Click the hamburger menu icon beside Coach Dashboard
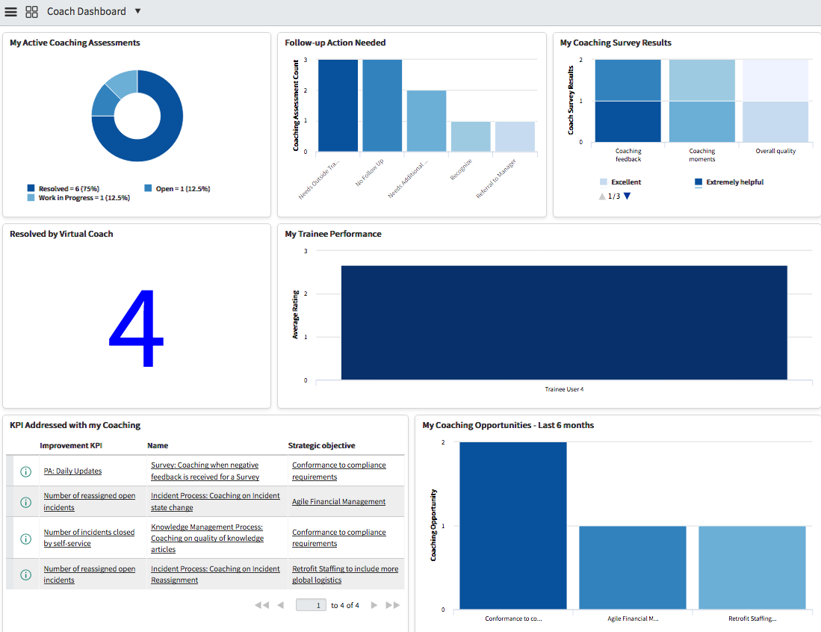11,12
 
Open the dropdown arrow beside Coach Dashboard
138,11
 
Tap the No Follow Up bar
382,105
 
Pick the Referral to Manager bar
515,137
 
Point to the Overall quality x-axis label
775,151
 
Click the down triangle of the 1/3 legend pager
627,196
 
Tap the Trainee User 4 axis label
564,389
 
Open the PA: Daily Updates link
72,471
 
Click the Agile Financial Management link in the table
338,502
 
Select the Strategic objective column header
321,446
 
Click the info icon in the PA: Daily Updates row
25,471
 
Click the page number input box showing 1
311,605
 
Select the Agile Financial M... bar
632,568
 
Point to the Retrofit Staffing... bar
752,568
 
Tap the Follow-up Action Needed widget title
335,43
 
